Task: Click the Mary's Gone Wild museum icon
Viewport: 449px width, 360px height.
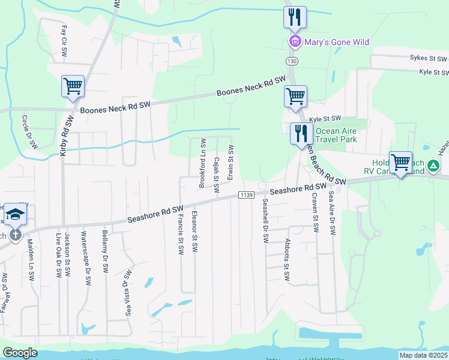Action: (295, 42)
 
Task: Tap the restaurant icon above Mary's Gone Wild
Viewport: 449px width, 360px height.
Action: (295, 17)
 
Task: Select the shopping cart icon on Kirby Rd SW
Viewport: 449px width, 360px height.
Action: (73, 86)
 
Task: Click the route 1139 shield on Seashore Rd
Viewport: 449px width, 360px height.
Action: (246, 195)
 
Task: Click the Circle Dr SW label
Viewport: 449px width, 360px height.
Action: (29, 132)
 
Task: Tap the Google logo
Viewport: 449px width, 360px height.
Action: (20, 353)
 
